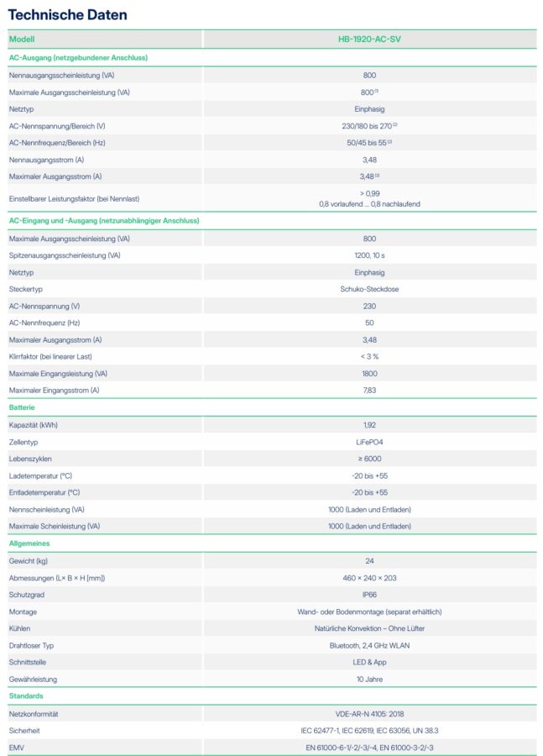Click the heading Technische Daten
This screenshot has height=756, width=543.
(x=67, y=15)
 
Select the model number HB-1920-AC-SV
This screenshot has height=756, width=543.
(x=369, y=39)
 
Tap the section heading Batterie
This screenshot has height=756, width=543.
(x=22, y=407)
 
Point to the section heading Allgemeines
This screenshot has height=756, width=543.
(x=29, y=543)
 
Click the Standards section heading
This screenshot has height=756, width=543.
(x=26, y=696)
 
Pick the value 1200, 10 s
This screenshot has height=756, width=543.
(x=369, y=255)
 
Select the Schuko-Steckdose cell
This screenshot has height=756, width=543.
(x=369, y=289)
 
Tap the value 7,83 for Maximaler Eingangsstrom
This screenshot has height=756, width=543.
(x=369, y=391)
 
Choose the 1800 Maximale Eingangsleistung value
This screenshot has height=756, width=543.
(x=369, y=374)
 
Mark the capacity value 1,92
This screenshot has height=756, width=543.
(x=369, y=425)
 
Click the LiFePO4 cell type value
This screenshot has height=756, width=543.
(x=369, y=442)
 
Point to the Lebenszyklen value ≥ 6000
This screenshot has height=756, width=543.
(x=369, y=459)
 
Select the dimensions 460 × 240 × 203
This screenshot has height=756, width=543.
(x=369, y=578)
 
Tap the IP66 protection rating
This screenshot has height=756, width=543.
(x=369, y=595)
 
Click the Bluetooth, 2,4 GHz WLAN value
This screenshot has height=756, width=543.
(x=369, y=645)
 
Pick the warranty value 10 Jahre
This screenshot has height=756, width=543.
(x=369, y=679)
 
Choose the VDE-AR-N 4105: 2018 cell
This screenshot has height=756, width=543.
(x=369, y=714)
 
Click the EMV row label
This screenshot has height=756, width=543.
(x=17, y=748)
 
